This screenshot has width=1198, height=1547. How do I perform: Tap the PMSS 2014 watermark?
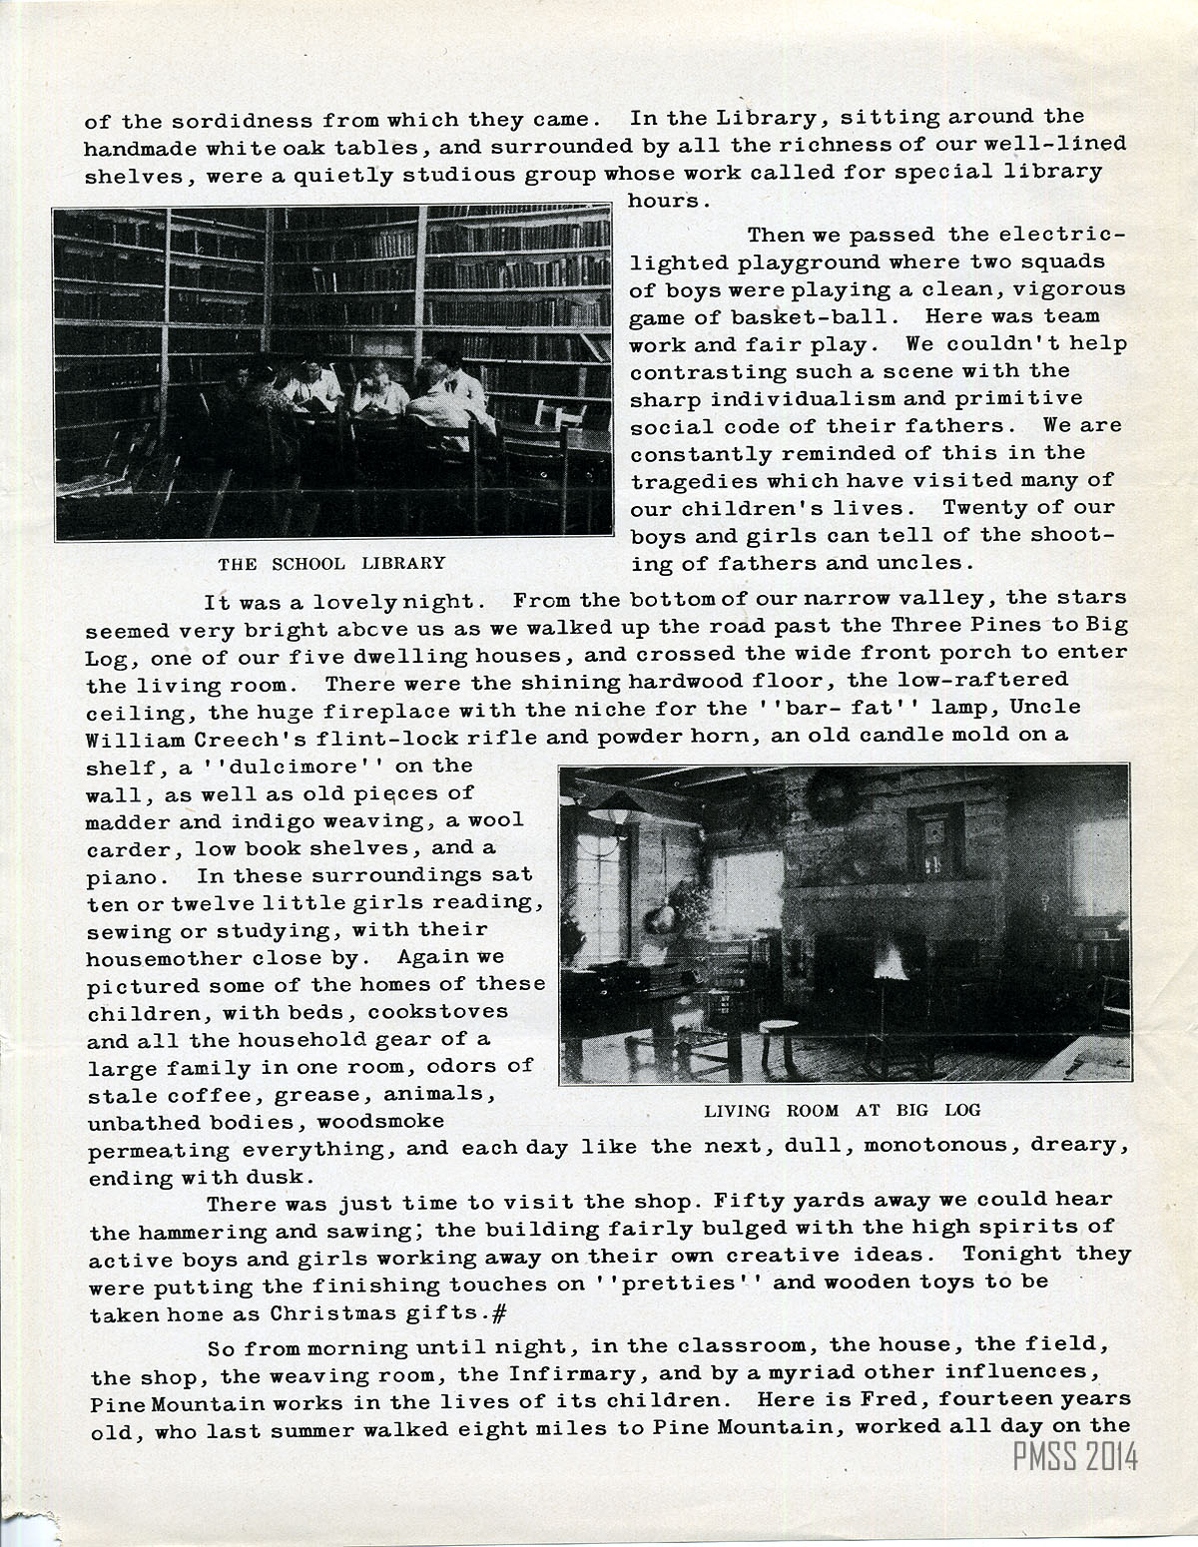pyautogui.click(x=1075, y=1457)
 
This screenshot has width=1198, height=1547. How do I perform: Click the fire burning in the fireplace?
pyautogui.click(x=888, y=965)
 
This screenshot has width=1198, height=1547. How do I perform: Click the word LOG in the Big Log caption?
pyautogui.click(x=962, y=1110)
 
